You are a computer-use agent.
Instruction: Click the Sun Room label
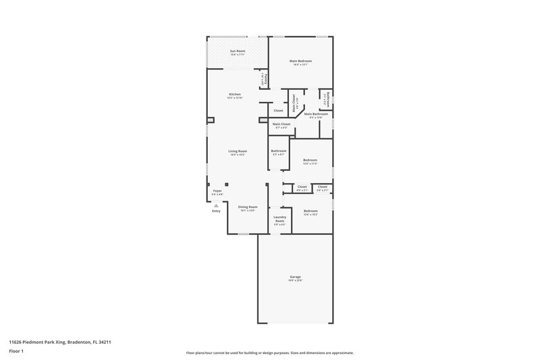237,51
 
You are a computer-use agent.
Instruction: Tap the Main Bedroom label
300,61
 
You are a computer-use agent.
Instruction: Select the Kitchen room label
235,94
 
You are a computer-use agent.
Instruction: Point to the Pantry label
263,80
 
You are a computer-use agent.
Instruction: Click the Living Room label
237,151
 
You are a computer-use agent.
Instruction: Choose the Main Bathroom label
316,114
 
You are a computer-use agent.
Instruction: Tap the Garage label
296,277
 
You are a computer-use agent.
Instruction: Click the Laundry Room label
279,220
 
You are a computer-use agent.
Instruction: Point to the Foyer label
217,191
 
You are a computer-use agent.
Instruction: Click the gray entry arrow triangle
216,205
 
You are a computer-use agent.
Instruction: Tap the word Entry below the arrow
216,211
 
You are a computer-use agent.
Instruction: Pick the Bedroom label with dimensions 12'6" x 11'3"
310,159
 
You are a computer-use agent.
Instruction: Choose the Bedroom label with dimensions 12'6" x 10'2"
310,211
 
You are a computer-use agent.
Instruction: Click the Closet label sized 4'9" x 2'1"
302,186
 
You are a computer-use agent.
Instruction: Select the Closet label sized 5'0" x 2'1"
323,186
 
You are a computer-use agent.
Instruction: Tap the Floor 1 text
16,351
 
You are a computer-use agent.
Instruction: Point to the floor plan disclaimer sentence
269,353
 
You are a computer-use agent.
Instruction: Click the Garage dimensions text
296,280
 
